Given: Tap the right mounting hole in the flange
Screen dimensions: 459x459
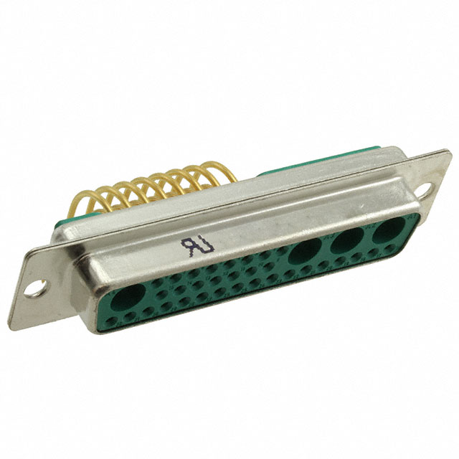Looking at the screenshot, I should point(425,189).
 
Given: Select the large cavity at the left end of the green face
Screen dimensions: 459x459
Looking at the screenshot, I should point(128,297).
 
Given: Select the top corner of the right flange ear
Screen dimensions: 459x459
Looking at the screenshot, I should point(446,151).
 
